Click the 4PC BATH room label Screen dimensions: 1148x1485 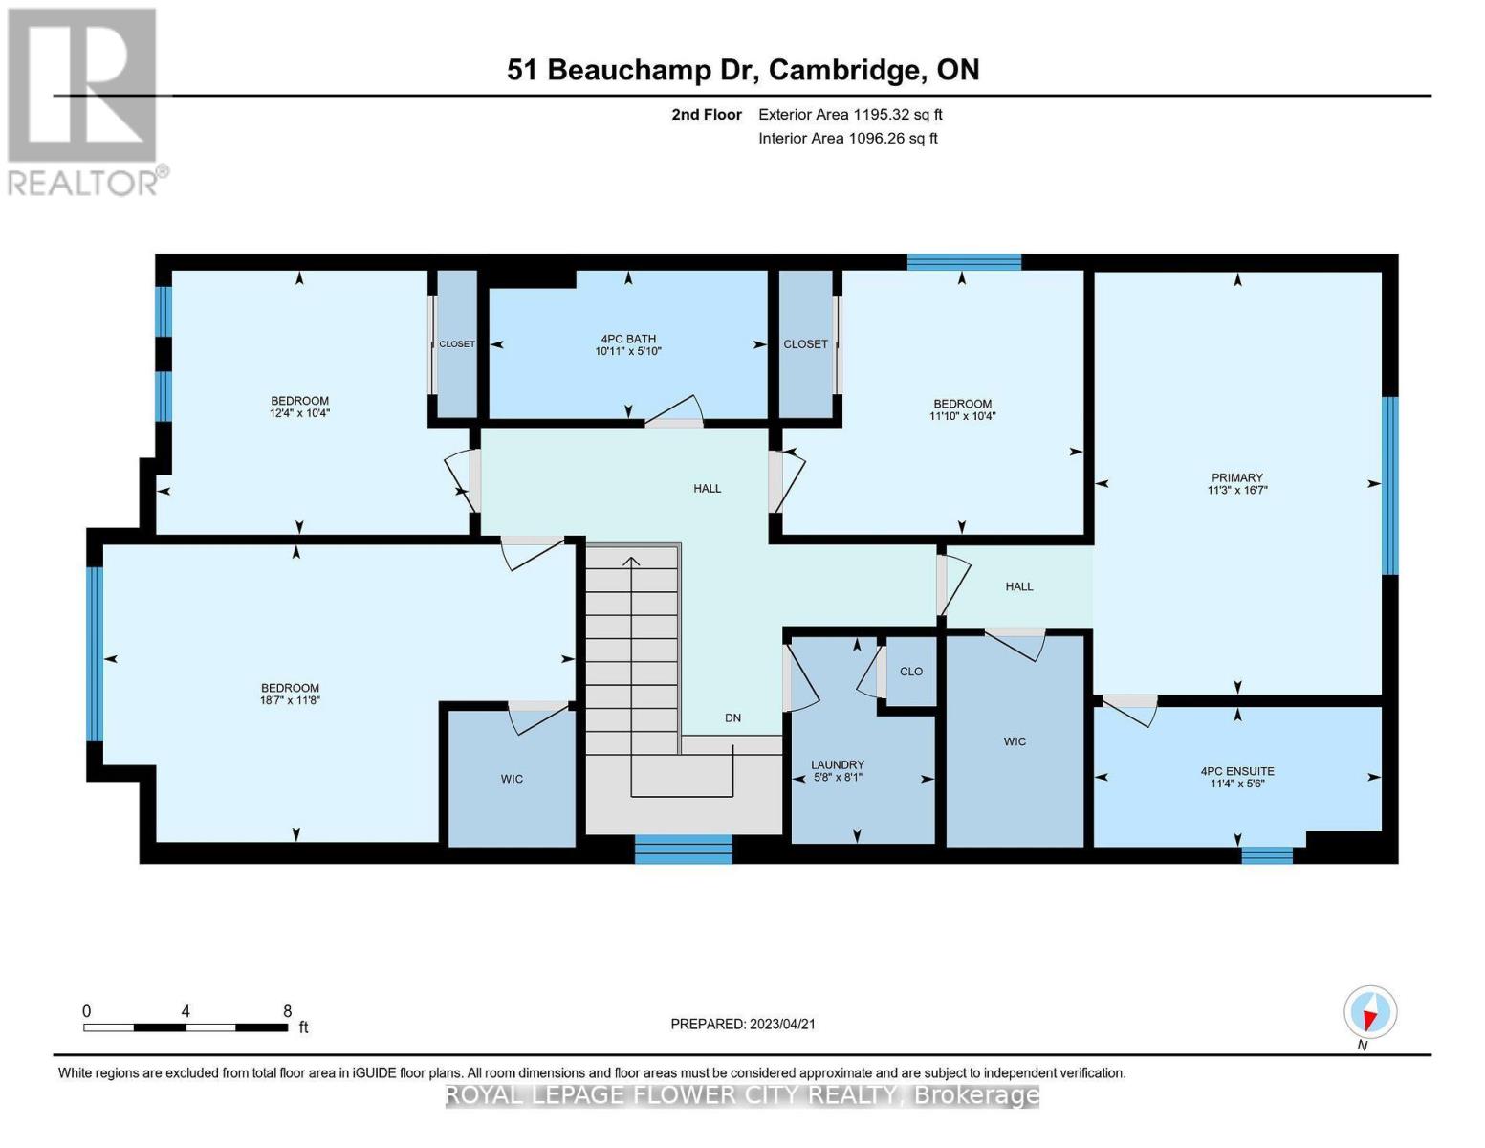(x=627, y=339)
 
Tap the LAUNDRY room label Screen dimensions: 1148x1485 (x=837, y=764)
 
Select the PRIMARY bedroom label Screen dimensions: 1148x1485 (x=1236, y=477)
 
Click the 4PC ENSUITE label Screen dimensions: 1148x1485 (x=1236, y=771)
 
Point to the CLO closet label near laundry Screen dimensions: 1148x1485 (x=910, y=672)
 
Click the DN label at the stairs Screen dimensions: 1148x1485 (x=732, y=718)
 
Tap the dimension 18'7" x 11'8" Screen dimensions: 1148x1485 (x=290, y=700)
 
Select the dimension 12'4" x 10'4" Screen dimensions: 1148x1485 (x=299, y=413)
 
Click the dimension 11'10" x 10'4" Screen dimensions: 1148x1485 (x=962, y=416)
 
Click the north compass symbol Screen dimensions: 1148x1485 (x=1369, y=1012)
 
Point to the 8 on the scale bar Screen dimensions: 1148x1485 (x=287, y=1011)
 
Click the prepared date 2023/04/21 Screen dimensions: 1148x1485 (x=742, y=1024)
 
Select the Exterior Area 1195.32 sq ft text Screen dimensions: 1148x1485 (x=850, y=114)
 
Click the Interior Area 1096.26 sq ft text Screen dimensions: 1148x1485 (x=847, y=138)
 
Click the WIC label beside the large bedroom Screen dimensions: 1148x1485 (x=512, y=779)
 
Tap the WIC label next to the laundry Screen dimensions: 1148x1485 (x=1015, y=741)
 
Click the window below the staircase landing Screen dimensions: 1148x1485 (x=683, y=849)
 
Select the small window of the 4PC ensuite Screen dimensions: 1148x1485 (x=1266, y=854)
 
